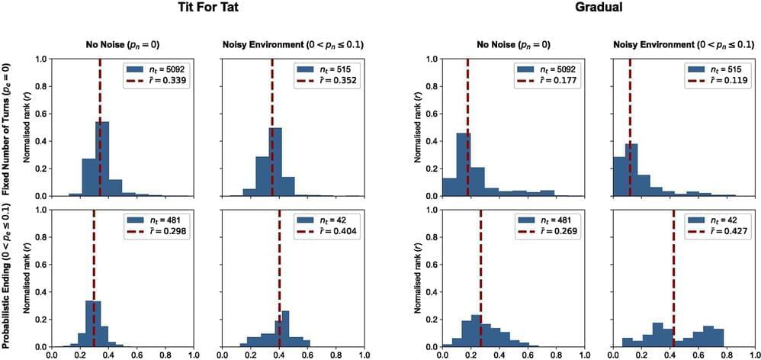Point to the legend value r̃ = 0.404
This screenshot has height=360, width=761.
pos(330,232)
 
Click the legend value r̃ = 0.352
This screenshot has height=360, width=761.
pos(330,81)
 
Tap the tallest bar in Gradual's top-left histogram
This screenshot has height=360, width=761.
pos(463,165)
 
